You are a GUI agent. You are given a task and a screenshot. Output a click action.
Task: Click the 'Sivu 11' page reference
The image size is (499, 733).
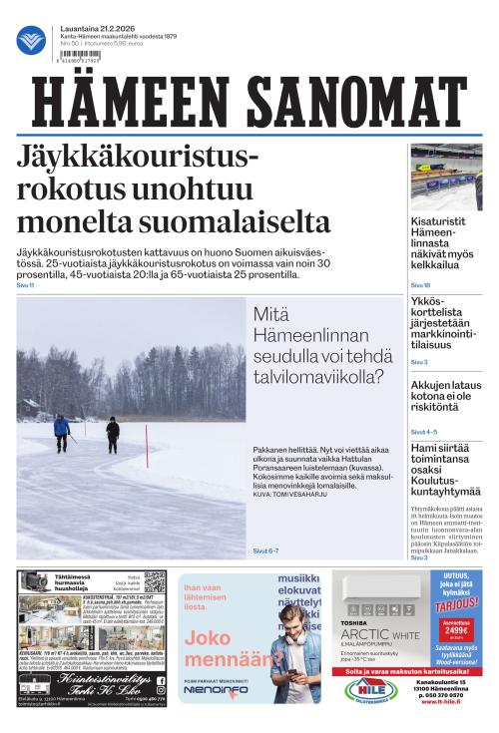pyautogui.click(x=25, y=285)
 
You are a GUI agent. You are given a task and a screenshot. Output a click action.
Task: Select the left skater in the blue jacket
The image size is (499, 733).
pyautogui.click(x=62, y=428)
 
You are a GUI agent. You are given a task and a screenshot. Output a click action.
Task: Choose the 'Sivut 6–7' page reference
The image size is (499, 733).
pyautogui.click(x=265, y=550)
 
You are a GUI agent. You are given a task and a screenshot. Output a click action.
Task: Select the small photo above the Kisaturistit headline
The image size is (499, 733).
pyautogui.click(x=446, y=176)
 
